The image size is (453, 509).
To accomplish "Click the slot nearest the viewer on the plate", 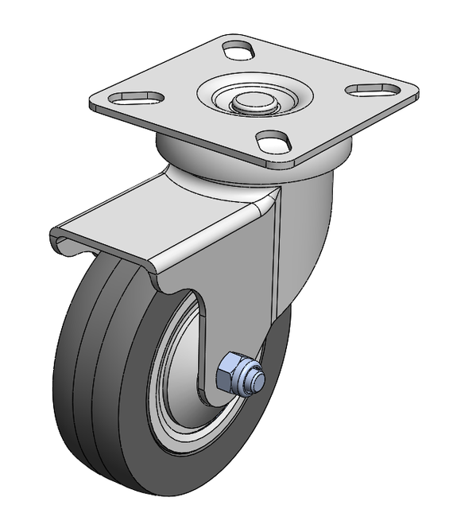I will (273, 143).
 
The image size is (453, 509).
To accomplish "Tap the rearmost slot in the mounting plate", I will (237, 50).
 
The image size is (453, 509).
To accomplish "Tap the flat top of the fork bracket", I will (159, 223).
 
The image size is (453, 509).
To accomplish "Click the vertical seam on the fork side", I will (275, 254).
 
